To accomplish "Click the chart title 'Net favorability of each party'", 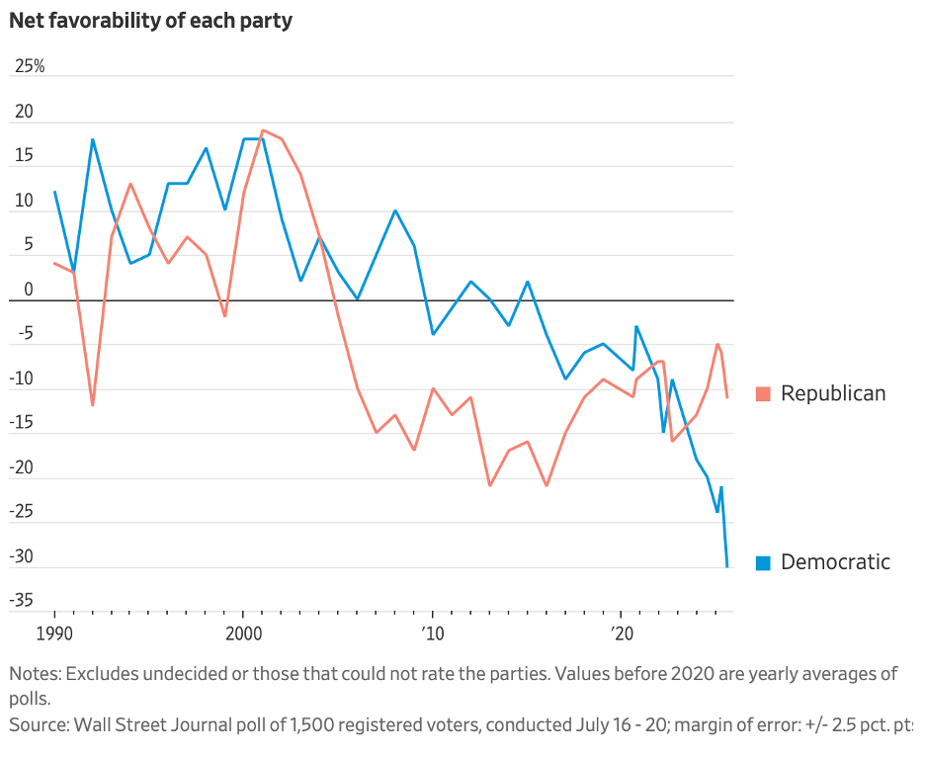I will [150, 20].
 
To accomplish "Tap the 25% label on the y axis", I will [30, 67].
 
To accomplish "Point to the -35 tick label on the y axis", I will [23, 600].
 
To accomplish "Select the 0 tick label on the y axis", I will [29, 289].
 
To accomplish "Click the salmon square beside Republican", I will [763, 394].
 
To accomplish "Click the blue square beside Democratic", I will [763, 563].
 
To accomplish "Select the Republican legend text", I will [833, 393].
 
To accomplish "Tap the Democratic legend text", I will [835, 562].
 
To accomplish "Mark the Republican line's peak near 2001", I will [263, 130].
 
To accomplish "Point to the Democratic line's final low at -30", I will [727, 566].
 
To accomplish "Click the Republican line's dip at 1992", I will [92, 405].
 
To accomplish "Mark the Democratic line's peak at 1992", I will [93, 139].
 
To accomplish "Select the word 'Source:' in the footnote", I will [39, 725].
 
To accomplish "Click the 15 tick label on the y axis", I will [24, 156].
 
